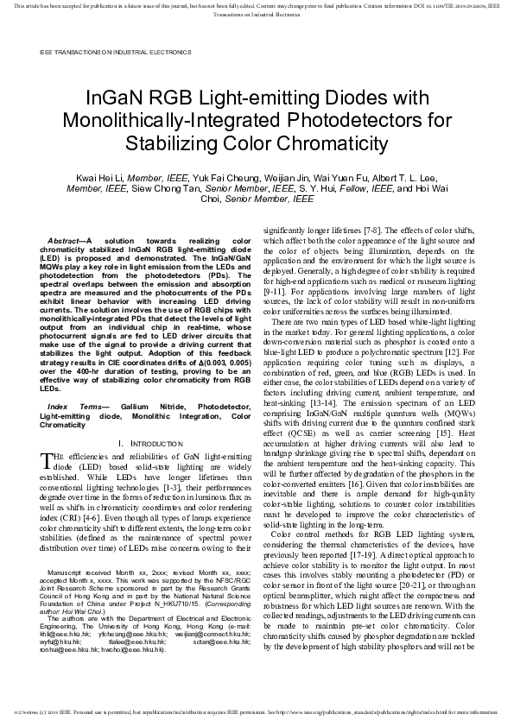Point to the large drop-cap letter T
pos(46,461)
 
